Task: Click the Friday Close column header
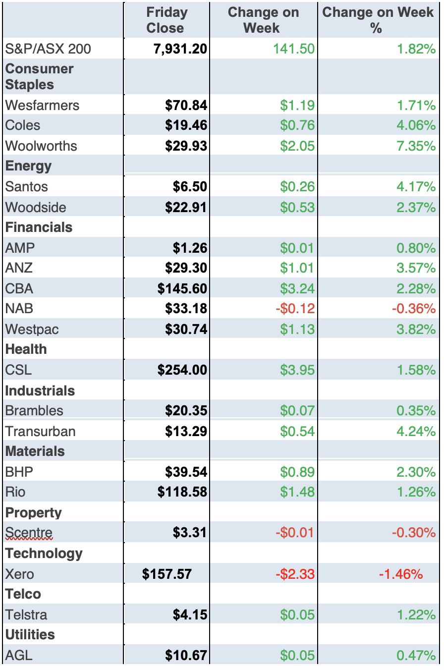coord(166,20)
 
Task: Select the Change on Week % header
coord(378,20)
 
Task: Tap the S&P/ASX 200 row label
coord(48,49)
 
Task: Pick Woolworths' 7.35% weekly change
coord(416,146)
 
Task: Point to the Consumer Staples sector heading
coord(39,76)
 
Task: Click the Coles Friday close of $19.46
coord(186,125)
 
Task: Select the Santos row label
coord(27,186)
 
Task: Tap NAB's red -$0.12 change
coord(295,308)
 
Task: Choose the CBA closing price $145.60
coord(182,288)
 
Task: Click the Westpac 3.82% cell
coord(416,329)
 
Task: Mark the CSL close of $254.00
coord(182,370)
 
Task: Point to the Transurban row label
coord(41,431)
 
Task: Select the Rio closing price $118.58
coord(182,492)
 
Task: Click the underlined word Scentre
coord(29,533)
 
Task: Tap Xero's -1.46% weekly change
coord(401,574)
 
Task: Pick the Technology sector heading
coord(44,553)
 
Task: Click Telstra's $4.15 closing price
coord(190,614)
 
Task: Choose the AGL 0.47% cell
coord(416,655)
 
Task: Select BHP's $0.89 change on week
coord(297,471)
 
